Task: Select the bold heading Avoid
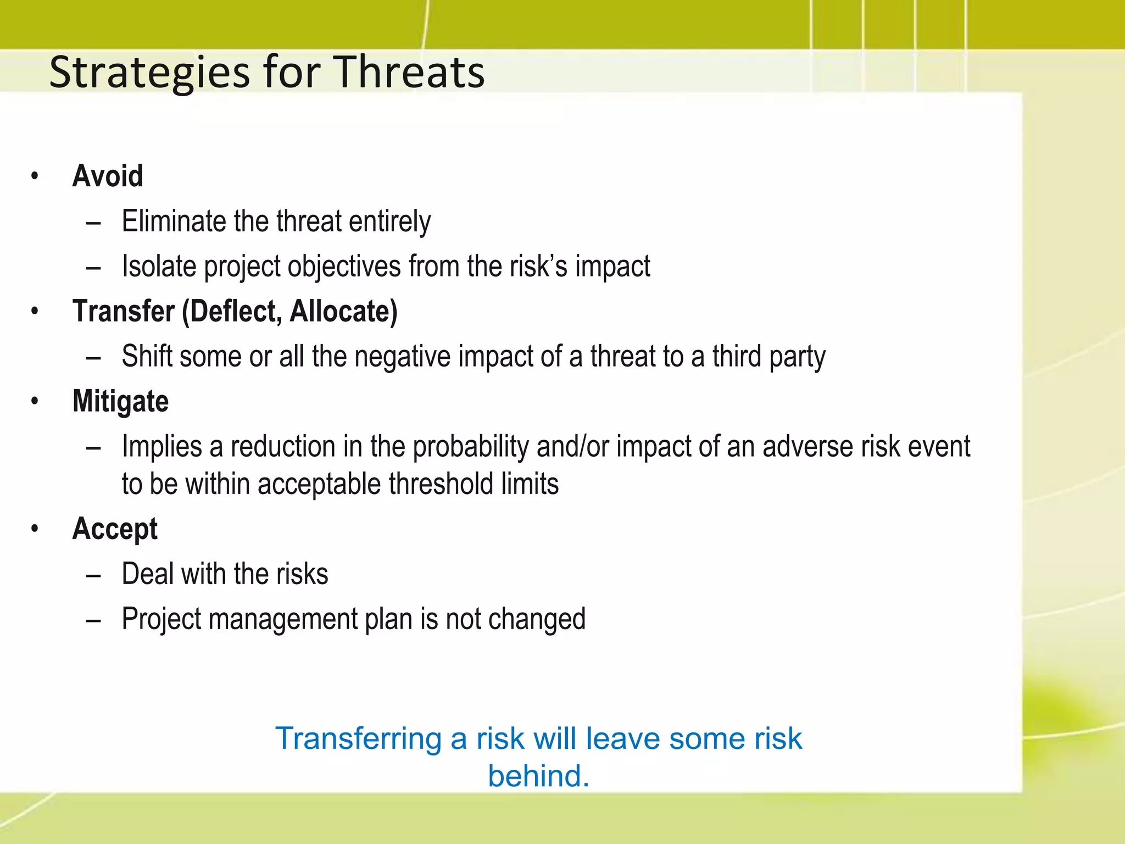pyautogui.click(x=108, y=176)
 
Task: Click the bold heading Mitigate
pyautogui.click(x=120, y=401)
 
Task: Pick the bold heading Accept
pyautogui.click(x=115, y=529)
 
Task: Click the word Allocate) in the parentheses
pyautogui.click(x=343, y=312)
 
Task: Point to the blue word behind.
pyautogui.click(x=538, y=776)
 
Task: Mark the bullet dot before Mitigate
pyautogui.click(x=35, y=402)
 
